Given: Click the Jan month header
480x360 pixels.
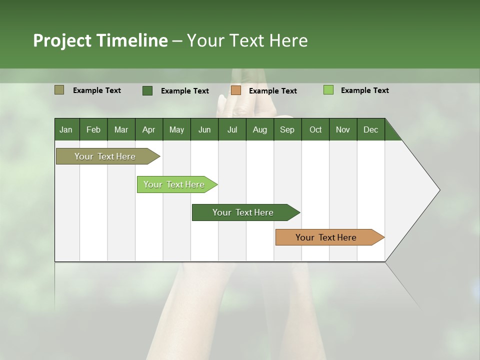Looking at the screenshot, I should coord(66,129).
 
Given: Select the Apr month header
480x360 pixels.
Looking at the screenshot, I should coord(148,129).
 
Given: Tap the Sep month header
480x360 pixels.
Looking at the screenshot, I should coord(287,129).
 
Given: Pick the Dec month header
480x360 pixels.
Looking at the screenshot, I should coord(370,129).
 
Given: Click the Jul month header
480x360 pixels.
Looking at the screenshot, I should coord(232,129).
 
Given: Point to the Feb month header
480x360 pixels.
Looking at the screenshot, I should coord(93,129).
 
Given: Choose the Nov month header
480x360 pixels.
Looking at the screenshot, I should coord(343,129).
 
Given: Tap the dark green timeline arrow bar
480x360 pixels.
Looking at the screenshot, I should coord(243,212).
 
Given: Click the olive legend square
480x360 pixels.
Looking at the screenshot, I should coord(59,90).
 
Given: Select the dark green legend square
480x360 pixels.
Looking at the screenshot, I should coord(147,90).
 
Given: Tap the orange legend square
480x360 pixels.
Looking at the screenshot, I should coord(236,90).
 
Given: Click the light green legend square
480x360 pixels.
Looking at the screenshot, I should coord(328,90).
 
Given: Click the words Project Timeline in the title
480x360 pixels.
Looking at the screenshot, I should coord(100,40).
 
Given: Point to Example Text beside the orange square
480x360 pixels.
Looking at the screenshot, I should coord(273,90).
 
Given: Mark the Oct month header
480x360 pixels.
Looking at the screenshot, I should coord(315,129).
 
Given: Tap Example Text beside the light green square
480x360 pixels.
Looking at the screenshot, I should coord(365,90).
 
